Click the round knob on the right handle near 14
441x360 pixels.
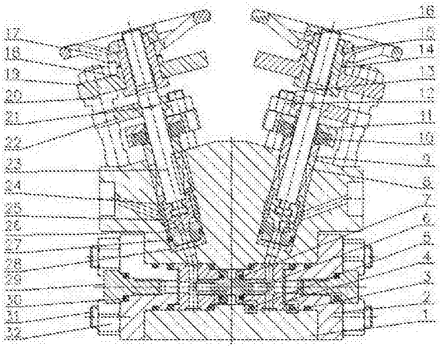point(396,51)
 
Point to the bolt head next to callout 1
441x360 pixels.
point(360,319)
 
